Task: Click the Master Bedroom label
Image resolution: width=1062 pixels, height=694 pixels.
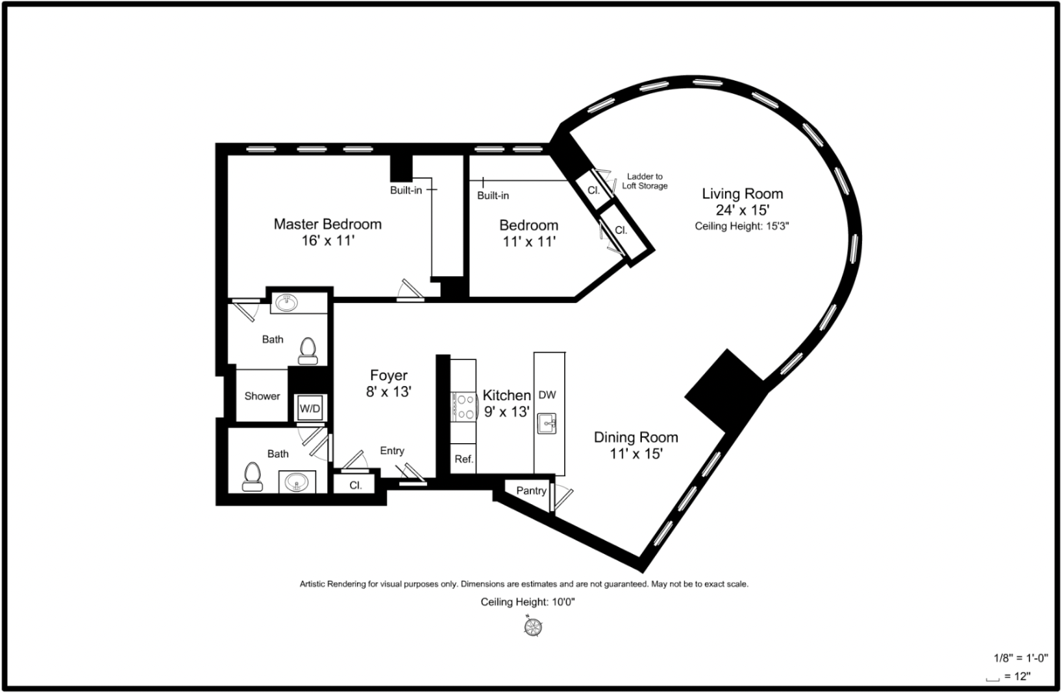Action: (328, 224)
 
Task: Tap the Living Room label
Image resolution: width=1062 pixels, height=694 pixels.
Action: (743, 193)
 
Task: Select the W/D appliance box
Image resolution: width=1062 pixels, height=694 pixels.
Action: (310, 408)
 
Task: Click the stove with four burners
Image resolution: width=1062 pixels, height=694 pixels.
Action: (463, 407)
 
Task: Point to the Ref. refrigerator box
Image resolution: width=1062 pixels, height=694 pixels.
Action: (463, 459)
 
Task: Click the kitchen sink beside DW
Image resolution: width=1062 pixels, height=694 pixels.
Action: (546, 423)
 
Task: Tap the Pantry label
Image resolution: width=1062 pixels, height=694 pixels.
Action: (531, 491)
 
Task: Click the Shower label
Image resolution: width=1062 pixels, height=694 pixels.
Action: (262, 395)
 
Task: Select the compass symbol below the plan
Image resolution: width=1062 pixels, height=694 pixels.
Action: (533, 627)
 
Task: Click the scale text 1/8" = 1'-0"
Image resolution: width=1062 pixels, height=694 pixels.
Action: (1020, 658)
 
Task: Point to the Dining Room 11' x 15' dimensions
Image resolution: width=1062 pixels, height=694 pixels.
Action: (636, 454)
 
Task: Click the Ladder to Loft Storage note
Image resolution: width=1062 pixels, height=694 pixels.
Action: (645, 181)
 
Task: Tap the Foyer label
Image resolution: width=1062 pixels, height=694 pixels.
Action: (389, 375)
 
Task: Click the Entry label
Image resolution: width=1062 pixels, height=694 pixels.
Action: (392, 451)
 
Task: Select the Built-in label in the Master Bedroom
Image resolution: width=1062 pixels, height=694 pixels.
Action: (406, 190)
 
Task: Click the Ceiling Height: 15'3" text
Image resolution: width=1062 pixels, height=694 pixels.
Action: (742, 226)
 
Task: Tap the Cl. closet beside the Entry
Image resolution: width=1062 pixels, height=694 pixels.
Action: (355, 485)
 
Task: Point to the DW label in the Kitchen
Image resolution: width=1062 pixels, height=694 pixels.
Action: (548, 395)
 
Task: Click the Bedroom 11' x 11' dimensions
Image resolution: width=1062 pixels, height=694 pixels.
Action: (529, 242)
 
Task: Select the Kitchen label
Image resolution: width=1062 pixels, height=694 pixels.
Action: (506, 395)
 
